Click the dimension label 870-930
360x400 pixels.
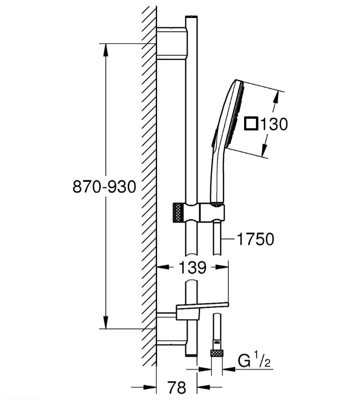tap(104, 187)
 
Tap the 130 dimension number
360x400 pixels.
tap(274, 124)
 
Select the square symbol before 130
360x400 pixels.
tap(251, 124)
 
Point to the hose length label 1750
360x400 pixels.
tap(255, 239)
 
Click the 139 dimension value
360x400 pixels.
tap(192, 267)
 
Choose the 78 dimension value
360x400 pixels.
tap(177, 387)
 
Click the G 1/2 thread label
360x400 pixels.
tap(254, 361)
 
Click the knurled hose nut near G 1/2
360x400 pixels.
tap(217, 353)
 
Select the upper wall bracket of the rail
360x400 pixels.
tap(172, 43)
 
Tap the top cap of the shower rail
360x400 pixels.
tap(191, 18)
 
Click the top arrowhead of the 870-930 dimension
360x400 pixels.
tap(105, 50)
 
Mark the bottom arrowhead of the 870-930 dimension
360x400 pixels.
tap(105, 322)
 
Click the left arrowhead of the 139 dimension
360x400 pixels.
tap(163, 267)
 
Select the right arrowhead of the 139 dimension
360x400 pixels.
tap(222, 267)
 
